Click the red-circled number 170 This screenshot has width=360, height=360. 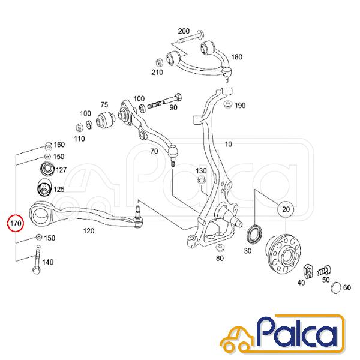tap(16, 223)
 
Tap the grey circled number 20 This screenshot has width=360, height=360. tap(286, 209)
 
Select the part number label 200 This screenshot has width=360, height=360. tap(184, 31)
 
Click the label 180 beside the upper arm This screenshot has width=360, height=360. tap(236, 57)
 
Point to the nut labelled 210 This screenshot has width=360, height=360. tap(159, 62)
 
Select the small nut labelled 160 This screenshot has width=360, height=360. tap(48, 146)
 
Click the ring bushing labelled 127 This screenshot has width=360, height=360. tap(47, 169)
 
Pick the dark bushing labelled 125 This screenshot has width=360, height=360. tap(44, 187)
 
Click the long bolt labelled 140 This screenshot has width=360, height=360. tap(37, 260)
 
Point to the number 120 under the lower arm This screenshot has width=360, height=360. tap(89, 231)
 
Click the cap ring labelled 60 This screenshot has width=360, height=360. tap(337, 287)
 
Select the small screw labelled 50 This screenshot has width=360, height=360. tap(324, 271)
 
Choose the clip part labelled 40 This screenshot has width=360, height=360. tap(308, 272)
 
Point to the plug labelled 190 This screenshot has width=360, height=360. tap(228, 104)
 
